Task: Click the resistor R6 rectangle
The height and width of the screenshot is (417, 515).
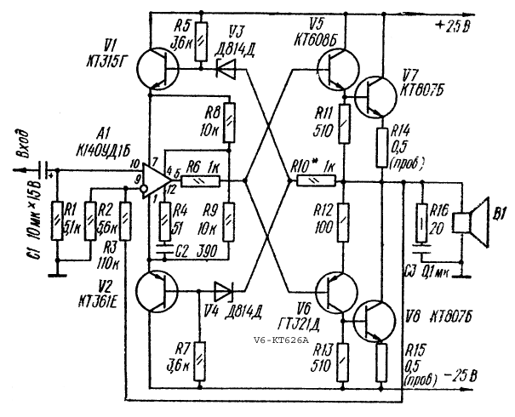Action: click(203, 180)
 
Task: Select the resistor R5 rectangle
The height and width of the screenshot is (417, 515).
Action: click(200, 41)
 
